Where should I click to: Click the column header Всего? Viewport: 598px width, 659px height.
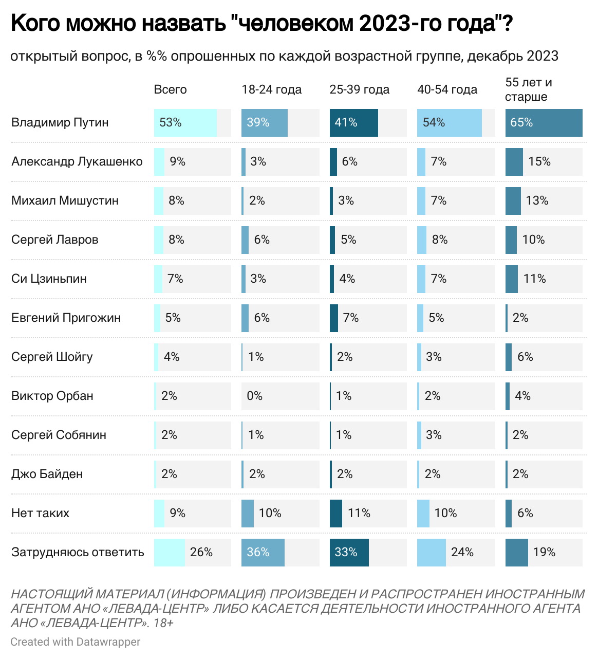click(x=170, y=89)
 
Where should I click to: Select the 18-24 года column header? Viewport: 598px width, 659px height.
click(x=271, y=89)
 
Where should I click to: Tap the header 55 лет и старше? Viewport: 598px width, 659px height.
click(x=528, y=89)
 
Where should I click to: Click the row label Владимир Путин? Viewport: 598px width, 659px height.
click(x=60, y=122)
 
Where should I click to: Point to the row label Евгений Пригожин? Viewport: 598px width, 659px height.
click(x=66, y=318)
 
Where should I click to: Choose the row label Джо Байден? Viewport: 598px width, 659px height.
click(x=47, y=474)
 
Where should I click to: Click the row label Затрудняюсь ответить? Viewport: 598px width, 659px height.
click(x=78, y=552)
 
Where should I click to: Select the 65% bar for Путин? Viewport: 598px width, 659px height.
click(x=544, y=122)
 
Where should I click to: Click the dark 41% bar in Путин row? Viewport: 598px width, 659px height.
click(x=353, y=122)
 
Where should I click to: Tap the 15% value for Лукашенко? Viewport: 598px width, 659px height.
click(x=539, y=161)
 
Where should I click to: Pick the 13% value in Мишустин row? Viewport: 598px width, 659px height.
click(x=537, y=200)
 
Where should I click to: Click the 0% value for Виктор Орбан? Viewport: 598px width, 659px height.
click(x=254, y=396)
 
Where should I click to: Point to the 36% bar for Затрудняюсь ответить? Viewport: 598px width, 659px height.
click(x=263, y=552)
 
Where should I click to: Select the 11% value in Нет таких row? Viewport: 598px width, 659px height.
click(x=359, y=513)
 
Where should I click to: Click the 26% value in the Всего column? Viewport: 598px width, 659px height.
click(x=201, y=552)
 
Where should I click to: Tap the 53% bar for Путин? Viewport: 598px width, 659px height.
click(x=185, y=122)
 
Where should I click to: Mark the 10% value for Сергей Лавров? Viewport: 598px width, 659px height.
click(x=533, y=240)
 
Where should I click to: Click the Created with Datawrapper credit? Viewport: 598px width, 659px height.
click(x=75, y=642)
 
